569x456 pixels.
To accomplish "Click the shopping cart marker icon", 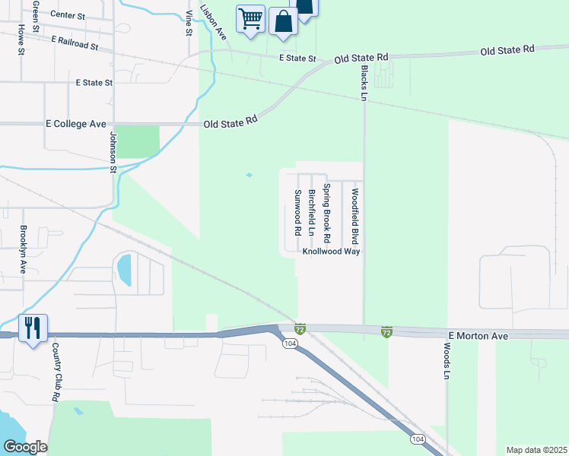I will click(x=251, y=17).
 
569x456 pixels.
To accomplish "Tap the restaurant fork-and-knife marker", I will click(x=33, y=328).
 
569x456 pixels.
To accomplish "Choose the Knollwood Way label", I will click(x=331, y=251).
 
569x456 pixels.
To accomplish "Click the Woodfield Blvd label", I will click(x=354, y=211).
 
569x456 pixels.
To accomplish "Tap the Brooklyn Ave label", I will click(x=24, y=250).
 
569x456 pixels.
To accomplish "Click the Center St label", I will click(x=68, y=14).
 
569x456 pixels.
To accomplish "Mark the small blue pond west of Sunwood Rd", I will click(x=249, y=176).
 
